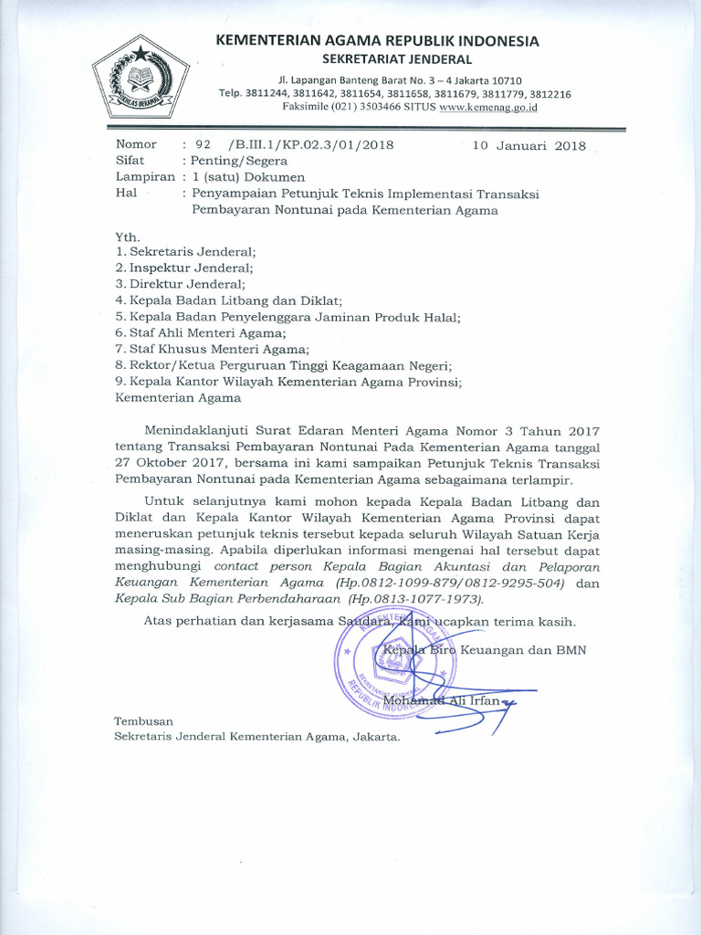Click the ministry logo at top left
coord(141,80)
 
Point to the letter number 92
coord(203,144)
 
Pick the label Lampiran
coord(145,177)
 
